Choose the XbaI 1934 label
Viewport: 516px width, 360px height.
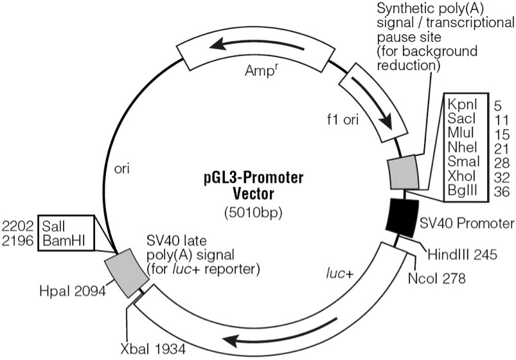[156, 349]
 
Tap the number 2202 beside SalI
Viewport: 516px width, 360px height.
[17, 226]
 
